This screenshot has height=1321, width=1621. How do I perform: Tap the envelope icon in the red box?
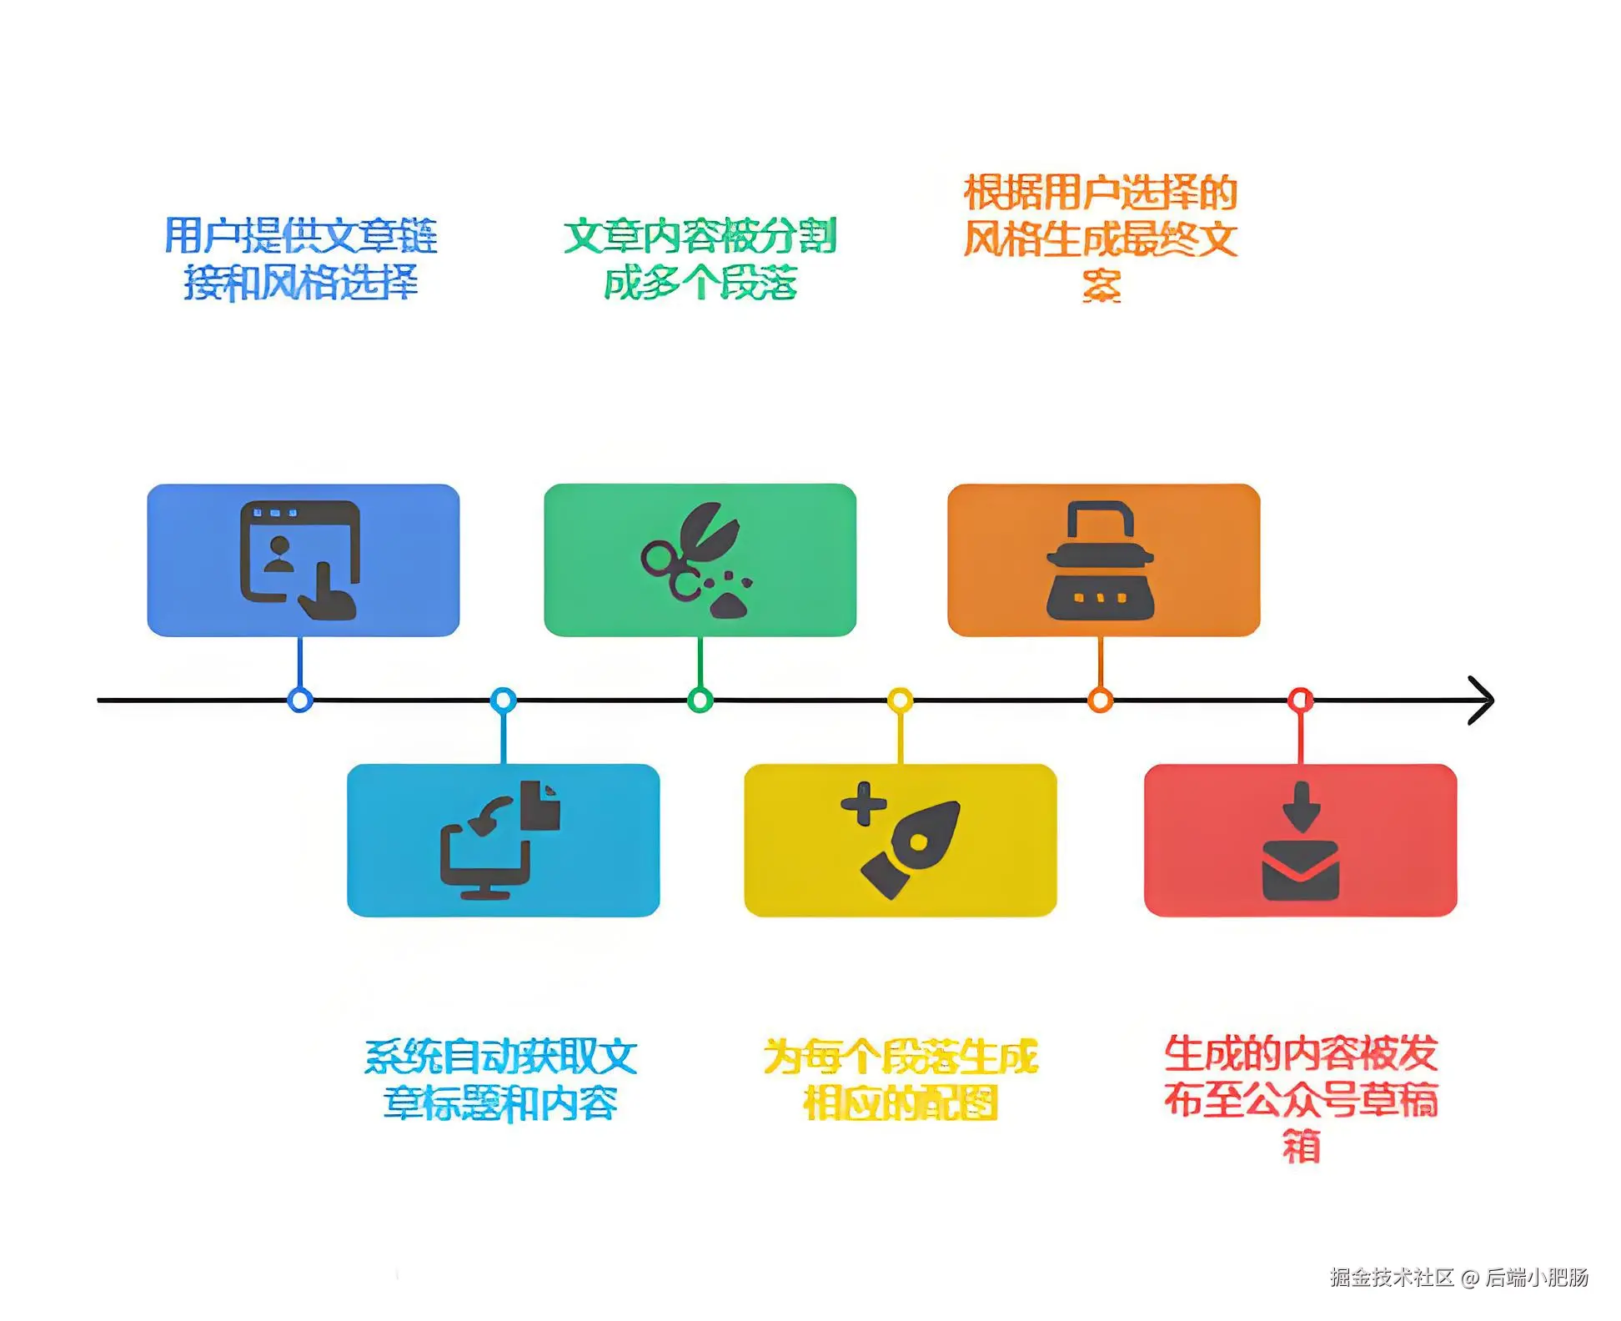[1300, 871]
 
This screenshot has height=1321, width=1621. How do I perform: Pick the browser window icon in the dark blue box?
[299, 560]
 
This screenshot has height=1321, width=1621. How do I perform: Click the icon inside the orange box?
[1100, 560]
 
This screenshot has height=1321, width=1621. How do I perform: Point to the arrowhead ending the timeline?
[1481, 700]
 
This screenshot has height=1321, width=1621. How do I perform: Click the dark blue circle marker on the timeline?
[300, 700]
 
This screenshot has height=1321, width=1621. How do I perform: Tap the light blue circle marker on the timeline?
[503, 700]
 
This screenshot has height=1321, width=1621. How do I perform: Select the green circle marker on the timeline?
[700, 700]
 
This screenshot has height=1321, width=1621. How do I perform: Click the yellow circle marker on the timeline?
[900, 700]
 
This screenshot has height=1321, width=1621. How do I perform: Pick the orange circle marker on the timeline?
[1100, 700]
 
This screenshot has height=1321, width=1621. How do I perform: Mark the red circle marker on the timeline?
[1300, 700]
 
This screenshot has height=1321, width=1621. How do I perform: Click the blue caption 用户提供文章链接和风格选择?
[300, 258]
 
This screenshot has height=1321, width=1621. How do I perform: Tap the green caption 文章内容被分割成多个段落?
[700, 258]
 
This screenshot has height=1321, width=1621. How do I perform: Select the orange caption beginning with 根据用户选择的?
[1100, 238]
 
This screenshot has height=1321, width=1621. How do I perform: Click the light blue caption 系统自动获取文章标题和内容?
[500, 1079]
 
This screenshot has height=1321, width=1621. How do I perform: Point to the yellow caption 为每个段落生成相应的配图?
[900, 1079]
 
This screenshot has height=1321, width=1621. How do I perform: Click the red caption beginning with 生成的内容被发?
[1300, 1097]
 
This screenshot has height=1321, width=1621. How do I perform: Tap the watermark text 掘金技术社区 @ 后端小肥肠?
[1458, 1277]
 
